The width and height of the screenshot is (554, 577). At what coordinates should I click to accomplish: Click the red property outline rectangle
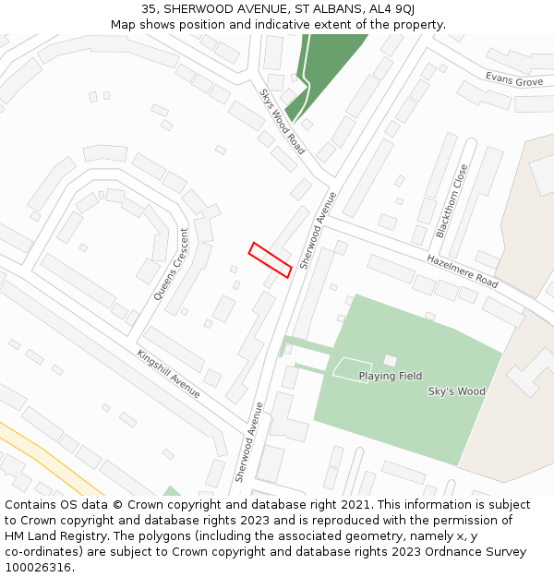coord(271,259)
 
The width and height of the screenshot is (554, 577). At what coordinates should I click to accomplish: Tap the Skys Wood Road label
coord(283,121)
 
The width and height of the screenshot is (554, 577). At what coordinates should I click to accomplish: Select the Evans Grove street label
coord(514,80)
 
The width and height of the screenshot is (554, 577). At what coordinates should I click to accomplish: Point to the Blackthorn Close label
coord(452,201)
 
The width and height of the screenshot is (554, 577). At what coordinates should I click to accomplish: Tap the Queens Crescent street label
coord(171,264)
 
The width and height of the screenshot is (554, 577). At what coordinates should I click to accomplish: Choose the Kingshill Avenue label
coord(168,373)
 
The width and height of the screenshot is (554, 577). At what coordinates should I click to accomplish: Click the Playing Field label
coord(390,377)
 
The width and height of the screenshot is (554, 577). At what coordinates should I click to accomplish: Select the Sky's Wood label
coord(456,391)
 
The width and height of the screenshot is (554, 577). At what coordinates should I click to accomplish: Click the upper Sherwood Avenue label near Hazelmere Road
coord(316,230)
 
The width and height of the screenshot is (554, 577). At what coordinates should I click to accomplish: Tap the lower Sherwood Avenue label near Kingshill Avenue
coord(249,441)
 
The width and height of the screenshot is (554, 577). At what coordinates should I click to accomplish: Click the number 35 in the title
coord(150,9)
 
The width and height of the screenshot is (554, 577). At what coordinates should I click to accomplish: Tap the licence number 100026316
coord(38,568)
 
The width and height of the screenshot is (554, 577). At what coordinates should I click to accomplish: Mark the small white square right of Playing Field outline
coord(390,360)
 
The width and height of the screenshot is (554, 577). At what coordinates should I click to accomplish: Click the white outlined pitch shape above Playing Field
coord(352,367)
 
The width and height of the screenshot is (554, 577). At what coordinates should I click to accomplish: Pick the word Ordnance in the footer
coord(445,552)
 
